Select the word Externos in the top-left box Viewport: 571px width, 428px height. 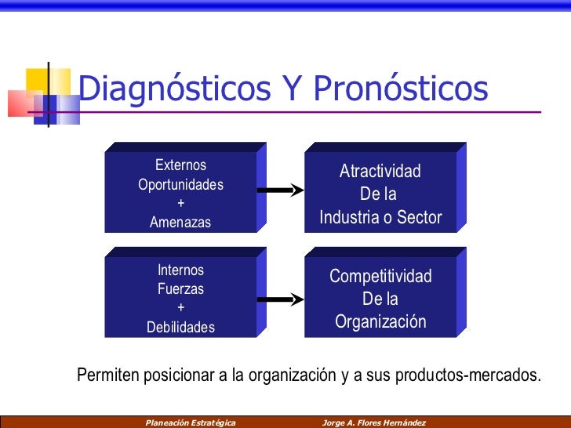[x=180, y=165]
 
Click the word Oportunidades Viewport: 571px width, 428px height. [x=180, y=185]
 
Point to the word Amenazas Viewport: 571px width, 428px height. [x=180, y=223]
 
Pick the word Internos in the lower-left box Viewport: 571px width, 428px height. [x=180, y=270]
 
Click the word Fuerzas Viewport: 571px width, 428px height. [x=180, y=289]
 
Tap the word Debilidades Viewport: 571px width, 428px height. [x=180, y=328]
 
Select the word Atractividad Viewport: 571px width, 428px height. [x=380, y=172]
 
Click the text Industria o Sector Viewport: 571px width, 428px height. [x=380, y=218]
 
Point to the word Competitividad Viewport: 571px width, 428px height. [x=380, y=277]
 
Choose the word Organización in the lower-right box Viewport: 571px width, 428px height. [x=380, y=322]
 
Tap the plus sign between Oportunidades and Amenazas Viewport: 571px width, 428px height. [x=181, y=204]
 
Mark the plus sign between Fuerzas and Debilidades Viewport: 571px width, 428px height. [x=181, y=308]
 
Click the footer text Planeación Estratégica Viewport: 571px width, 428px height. [x=191, y=422]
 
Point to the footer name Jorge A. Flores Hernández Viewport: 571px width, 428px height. [x=373, y=422]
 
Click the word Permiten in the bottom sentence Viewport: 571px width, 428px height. [x=106, y=375]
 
